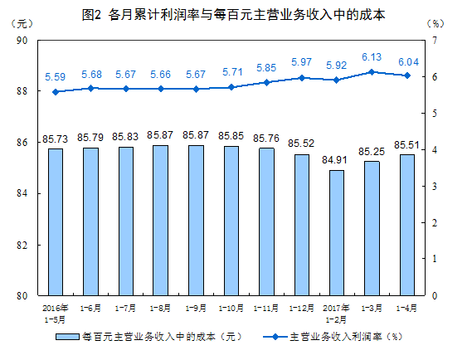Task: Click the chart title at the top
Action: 236,15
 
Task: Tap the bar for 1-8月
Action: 159,220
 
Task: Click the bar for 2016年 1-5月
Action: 55,221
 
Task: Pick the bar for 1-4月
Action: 407,225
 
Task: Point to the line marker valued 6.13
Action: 372,72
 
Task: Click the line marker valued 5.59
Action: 55,92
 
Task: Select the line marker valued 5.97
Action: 301,78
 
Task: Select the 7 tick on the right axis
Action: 435,40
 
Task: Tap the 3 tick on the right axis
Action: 435,186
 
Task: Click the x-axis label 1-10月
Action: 231,308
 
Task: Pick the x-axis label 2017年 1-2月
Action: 336,313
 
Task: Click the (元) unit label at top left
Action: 24,23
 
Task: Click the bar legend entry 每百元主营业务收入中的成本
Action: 149,337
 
